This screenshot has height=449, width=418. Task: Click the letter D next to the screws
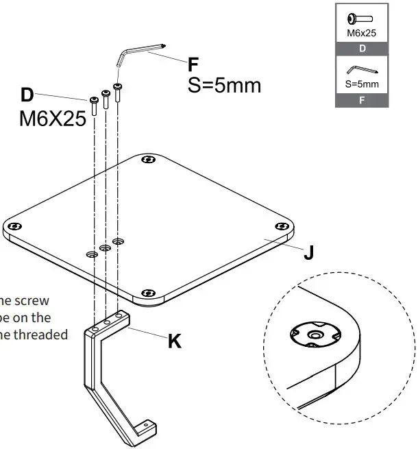pyautogui.click(x=27, y=95)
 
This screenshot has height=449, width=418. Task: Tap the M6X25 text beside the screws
pyautogui.click(x=52, y=119)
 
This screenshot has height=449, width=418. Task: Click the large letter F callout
pyautogui.click(x=195, y=64)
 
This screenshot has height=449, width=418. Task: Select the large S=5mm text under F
pyautogui.click(x=224, y=86)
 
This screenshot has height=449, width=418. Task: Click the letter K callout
pyautogui.click(x=175, y=341)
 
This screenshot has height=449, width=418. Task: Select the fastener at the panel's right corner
pyautogui.click(x=280, y=227)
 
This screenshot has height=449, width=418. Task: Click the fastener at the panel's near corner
pyautogui.click(x=147, y=295)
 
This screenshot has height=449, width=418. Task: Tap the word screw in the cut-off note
pyautogui.click(x=53, y=300)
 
